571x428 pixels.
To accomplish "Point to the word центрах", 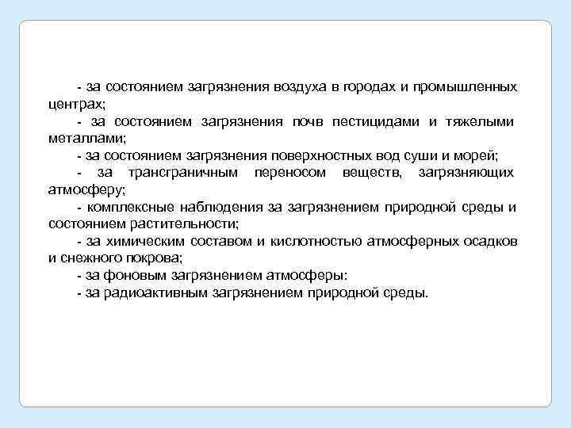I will (76, 104).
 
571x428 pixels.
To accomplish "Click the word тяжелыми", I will (481, 121).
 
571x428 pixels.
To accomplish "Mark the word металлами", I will (82, 138).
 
